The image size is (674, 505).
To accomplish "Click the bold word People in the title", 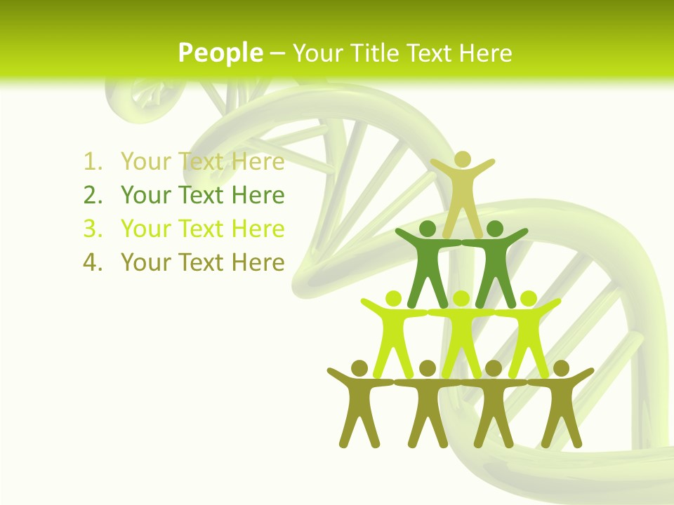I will click(x=220, y=53).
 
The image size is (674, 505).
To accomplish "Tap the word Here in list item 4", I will click(x=258, y=263).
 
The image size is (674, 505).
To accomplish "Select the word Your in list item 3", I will click(x=145, y=229).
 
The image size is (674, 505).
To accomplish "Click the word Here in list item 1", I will click(x=258, y=162).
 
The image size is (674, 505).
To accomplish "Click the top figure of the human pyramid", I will click(x=462, y=189).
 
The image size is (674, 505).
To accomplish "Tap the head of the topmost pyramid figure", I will click(x=462, y=159).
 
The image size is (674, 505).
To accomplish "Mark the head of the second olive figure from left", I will click(x=427, y=368).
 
